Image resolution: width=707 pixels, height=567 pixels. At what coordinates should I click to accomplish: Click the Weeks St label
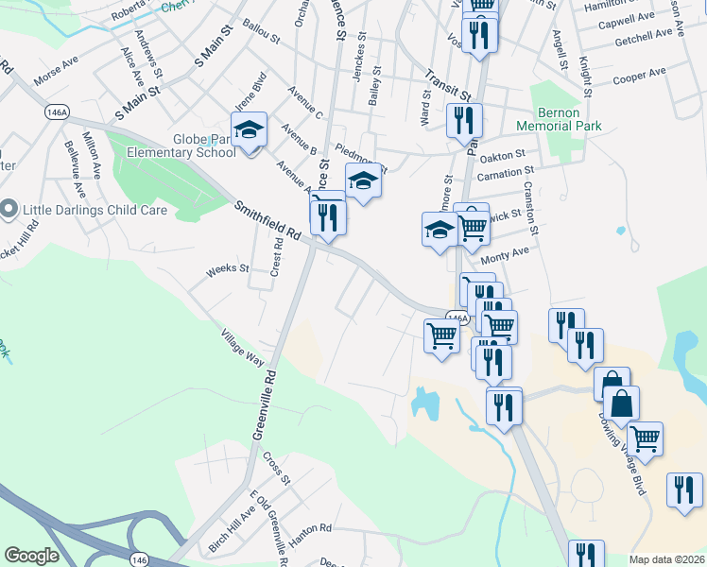pyautogui.click(x=227, y=269)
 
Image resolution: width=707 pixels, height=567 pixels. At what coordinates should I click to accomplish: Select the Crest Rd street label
pyautogui.click(x=277, y=256)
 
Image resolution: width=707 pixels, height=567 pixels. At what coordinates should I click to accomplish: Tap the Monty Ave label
pyautogui.click(x=506, y=256)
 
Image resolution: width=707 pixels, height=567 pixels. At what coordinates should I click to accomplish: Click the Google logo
pyautogui.click(x=31, y=556)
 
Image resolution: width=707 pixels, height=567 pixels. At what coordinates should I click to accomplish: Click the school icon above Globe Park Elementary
pyautogui.click(x=249, y=129)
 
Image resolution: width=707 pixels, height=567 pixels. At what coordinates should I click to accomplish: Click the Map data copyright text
pyautogui.click(x=666, y=559)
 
